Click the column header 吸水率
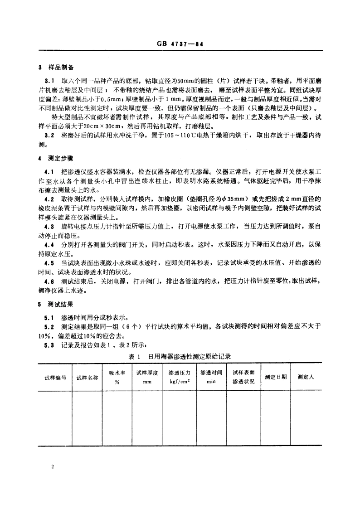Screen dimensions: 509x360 [117, 373]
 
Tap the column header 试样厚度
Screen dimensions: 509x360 [147, 373]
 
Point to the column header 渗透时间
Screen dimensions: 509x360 [211, 373]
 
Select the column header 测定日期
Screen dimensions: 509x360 [276, 377]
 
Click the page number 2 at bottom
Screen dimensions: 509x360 [53, 466]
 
